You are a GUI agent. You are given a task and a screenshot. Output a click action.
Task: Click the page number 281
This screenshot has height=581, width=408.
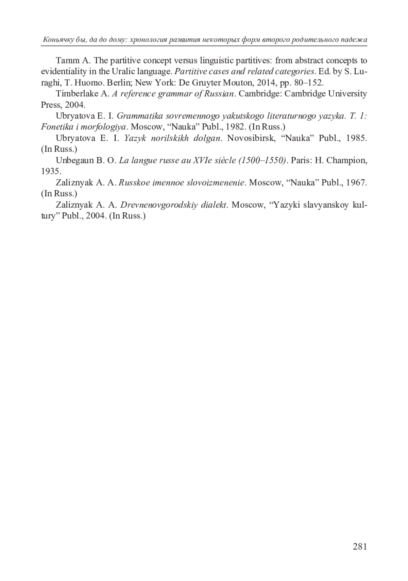pyautogui.click(x=360, y=546)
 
